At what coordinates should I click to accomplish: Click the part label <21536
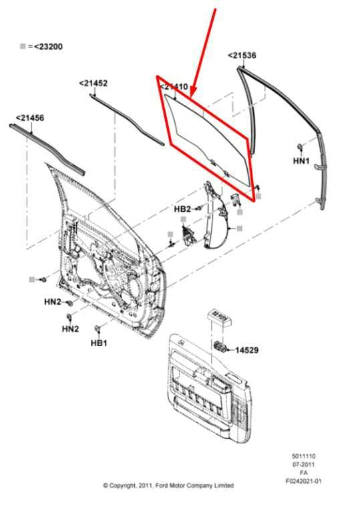click(242, 55)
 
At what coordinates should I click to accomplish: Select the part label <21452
click(93, 83)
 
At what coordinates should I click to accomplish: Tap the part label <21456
click(29, 118)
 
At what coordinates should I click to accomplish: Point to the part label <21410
click(173, 87)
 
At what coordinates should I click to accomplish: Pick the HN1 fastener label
click(301, 161)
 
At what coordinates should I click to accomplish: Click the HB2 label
click(182, 209)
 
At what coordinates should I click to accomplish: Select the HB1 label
click(99, 343)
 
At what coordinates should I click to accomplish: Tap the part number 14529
click(247, 349)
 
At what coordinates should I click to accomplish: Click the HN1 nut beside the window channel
click(300, 146)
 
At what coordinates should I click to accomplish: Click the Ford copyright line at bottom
click(168, 486)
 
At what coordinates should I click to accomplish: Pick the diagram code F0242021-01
click(303, 480)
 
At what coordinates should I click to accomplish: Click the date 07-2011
click(303, 464)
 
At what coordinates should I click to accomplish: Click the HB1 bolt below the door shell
click(98, 329)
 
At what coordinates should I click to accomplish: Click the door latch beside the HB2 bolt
click(188, 236)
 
